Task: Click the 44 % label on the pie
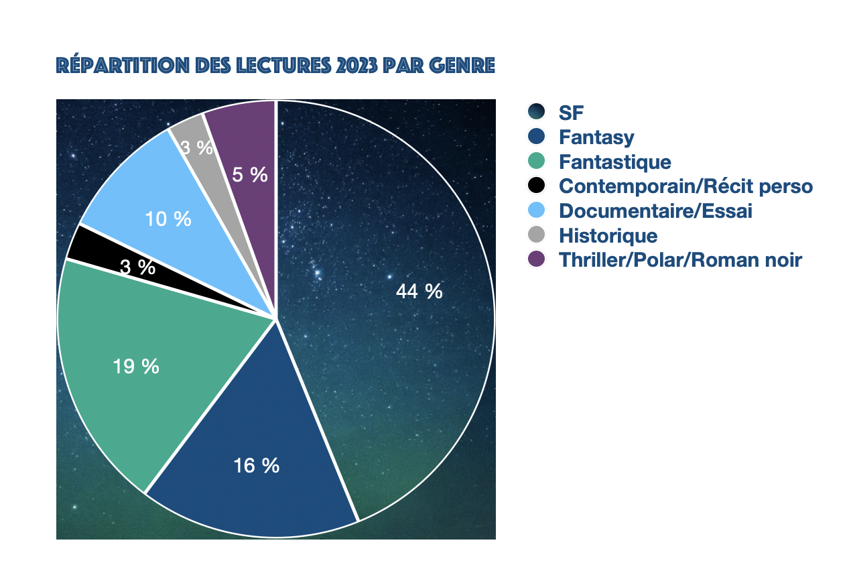(x=419, y=292)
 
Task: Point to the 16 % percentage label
(x=256, y=465)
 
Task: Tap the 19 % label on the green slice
(x=137, y=367)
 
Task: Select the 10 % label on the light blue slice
(x=168, y=219)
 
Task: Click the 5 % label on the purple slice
(x=250, y=175)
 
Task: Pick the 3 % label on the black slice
(x=138, y=267)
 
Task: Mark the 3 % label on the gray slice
(x=197, y=148)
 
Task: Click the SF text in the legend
(x=572, y=113)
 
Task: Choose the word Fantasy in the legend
(x=596, y=138)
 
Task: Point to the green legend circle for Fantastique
(x=537, y=162)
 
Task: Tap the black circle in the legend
(x=537, y=186)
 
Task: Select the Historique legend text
(x=608, y=236)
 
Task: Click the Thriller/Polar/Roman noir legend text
(x=680, y=260)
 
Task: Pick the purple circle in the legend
(x=537, y=259)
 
